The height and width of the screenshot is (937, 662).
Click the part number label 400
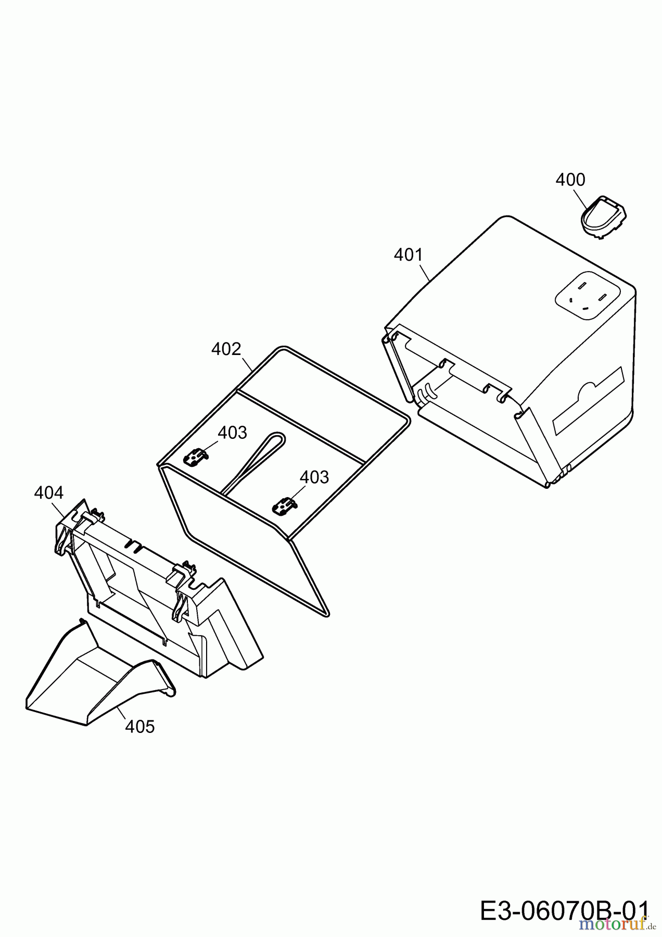[x=570, y=180]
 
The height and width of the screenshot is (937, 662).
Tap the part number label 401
[x=409, y=255]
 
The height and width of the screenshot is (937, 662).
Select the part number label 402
[x=226, y=349]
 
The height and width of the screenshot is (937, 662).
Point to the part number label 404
[x=48, y=492]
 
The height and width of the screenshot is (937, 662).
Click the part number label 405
[x=140, y=727]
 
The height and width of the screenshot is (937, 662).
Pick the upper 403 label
[x=232, y=433]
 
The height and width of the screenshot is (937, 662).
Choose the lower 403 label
[x=314, y=477]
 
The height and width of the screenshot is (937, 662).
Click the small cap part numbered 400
[x=603, y=217]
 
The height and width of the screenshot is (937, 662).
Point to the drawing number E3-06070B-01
[x=565, y=909]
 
